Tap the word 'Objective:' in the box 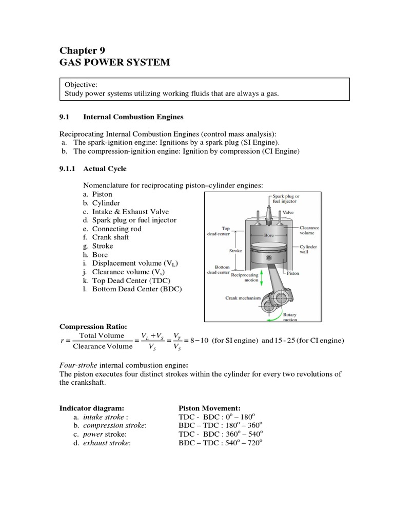[81, 84]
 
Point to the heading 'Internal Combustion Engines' [133, 118]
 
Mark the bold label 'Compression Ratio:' [93, 326]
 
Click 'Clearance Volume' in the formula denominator [103, 346]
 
